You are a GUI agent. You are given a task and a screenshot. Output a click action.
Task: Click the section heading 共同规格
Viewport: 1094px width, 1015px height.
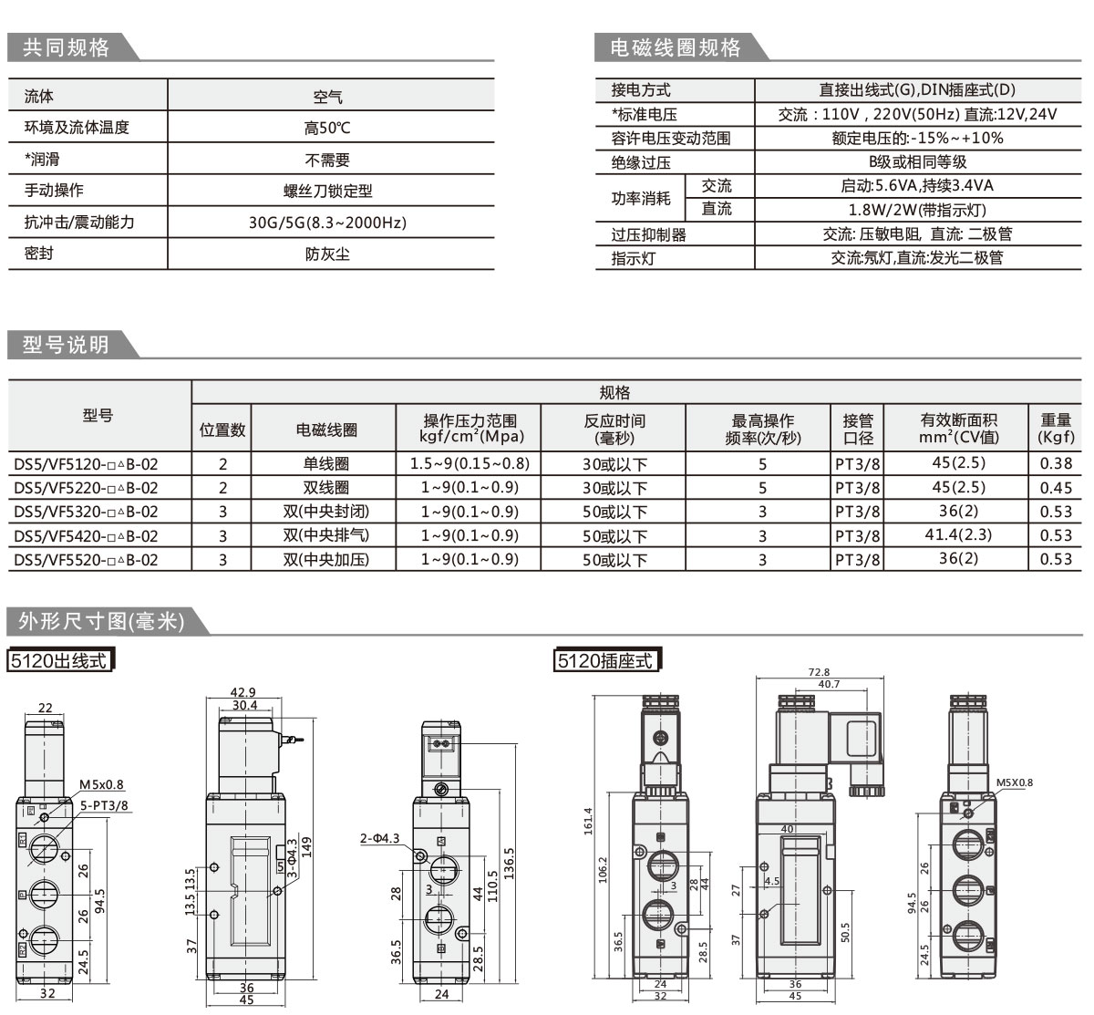67,48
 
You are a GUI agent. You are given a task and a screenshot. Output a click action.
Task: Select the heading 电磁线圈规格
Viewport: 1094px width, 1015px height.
676,48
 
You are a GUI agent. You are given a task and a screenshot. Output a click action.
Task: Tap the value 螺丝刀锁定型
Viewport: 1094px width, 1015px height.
328,192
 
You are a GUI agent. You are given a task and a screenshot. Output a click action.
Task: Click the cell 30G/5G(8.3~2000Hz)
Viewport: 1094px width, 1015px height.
328,223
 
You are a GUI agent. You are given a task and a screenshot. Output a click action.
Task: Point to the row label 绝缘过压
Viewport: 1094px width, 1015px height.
641,162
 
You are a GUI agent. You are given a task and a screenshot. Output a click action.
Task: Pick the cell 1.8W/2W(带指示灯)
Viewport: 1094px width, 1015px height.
917,210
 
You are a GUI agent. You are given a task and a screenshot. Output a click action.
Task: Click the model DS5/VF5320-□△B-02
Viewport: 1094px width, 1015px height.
86,512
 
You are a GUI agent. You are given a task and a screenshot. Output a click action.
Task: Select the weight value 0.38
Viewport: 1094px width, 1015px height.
1056,464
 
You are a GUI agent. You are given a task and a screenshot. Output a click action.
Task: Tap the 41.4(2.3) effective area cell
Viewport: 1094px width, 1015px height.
958,535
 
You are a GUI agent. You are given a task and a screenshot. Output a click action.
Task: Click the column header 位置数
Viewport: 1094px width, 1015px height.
222,430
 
